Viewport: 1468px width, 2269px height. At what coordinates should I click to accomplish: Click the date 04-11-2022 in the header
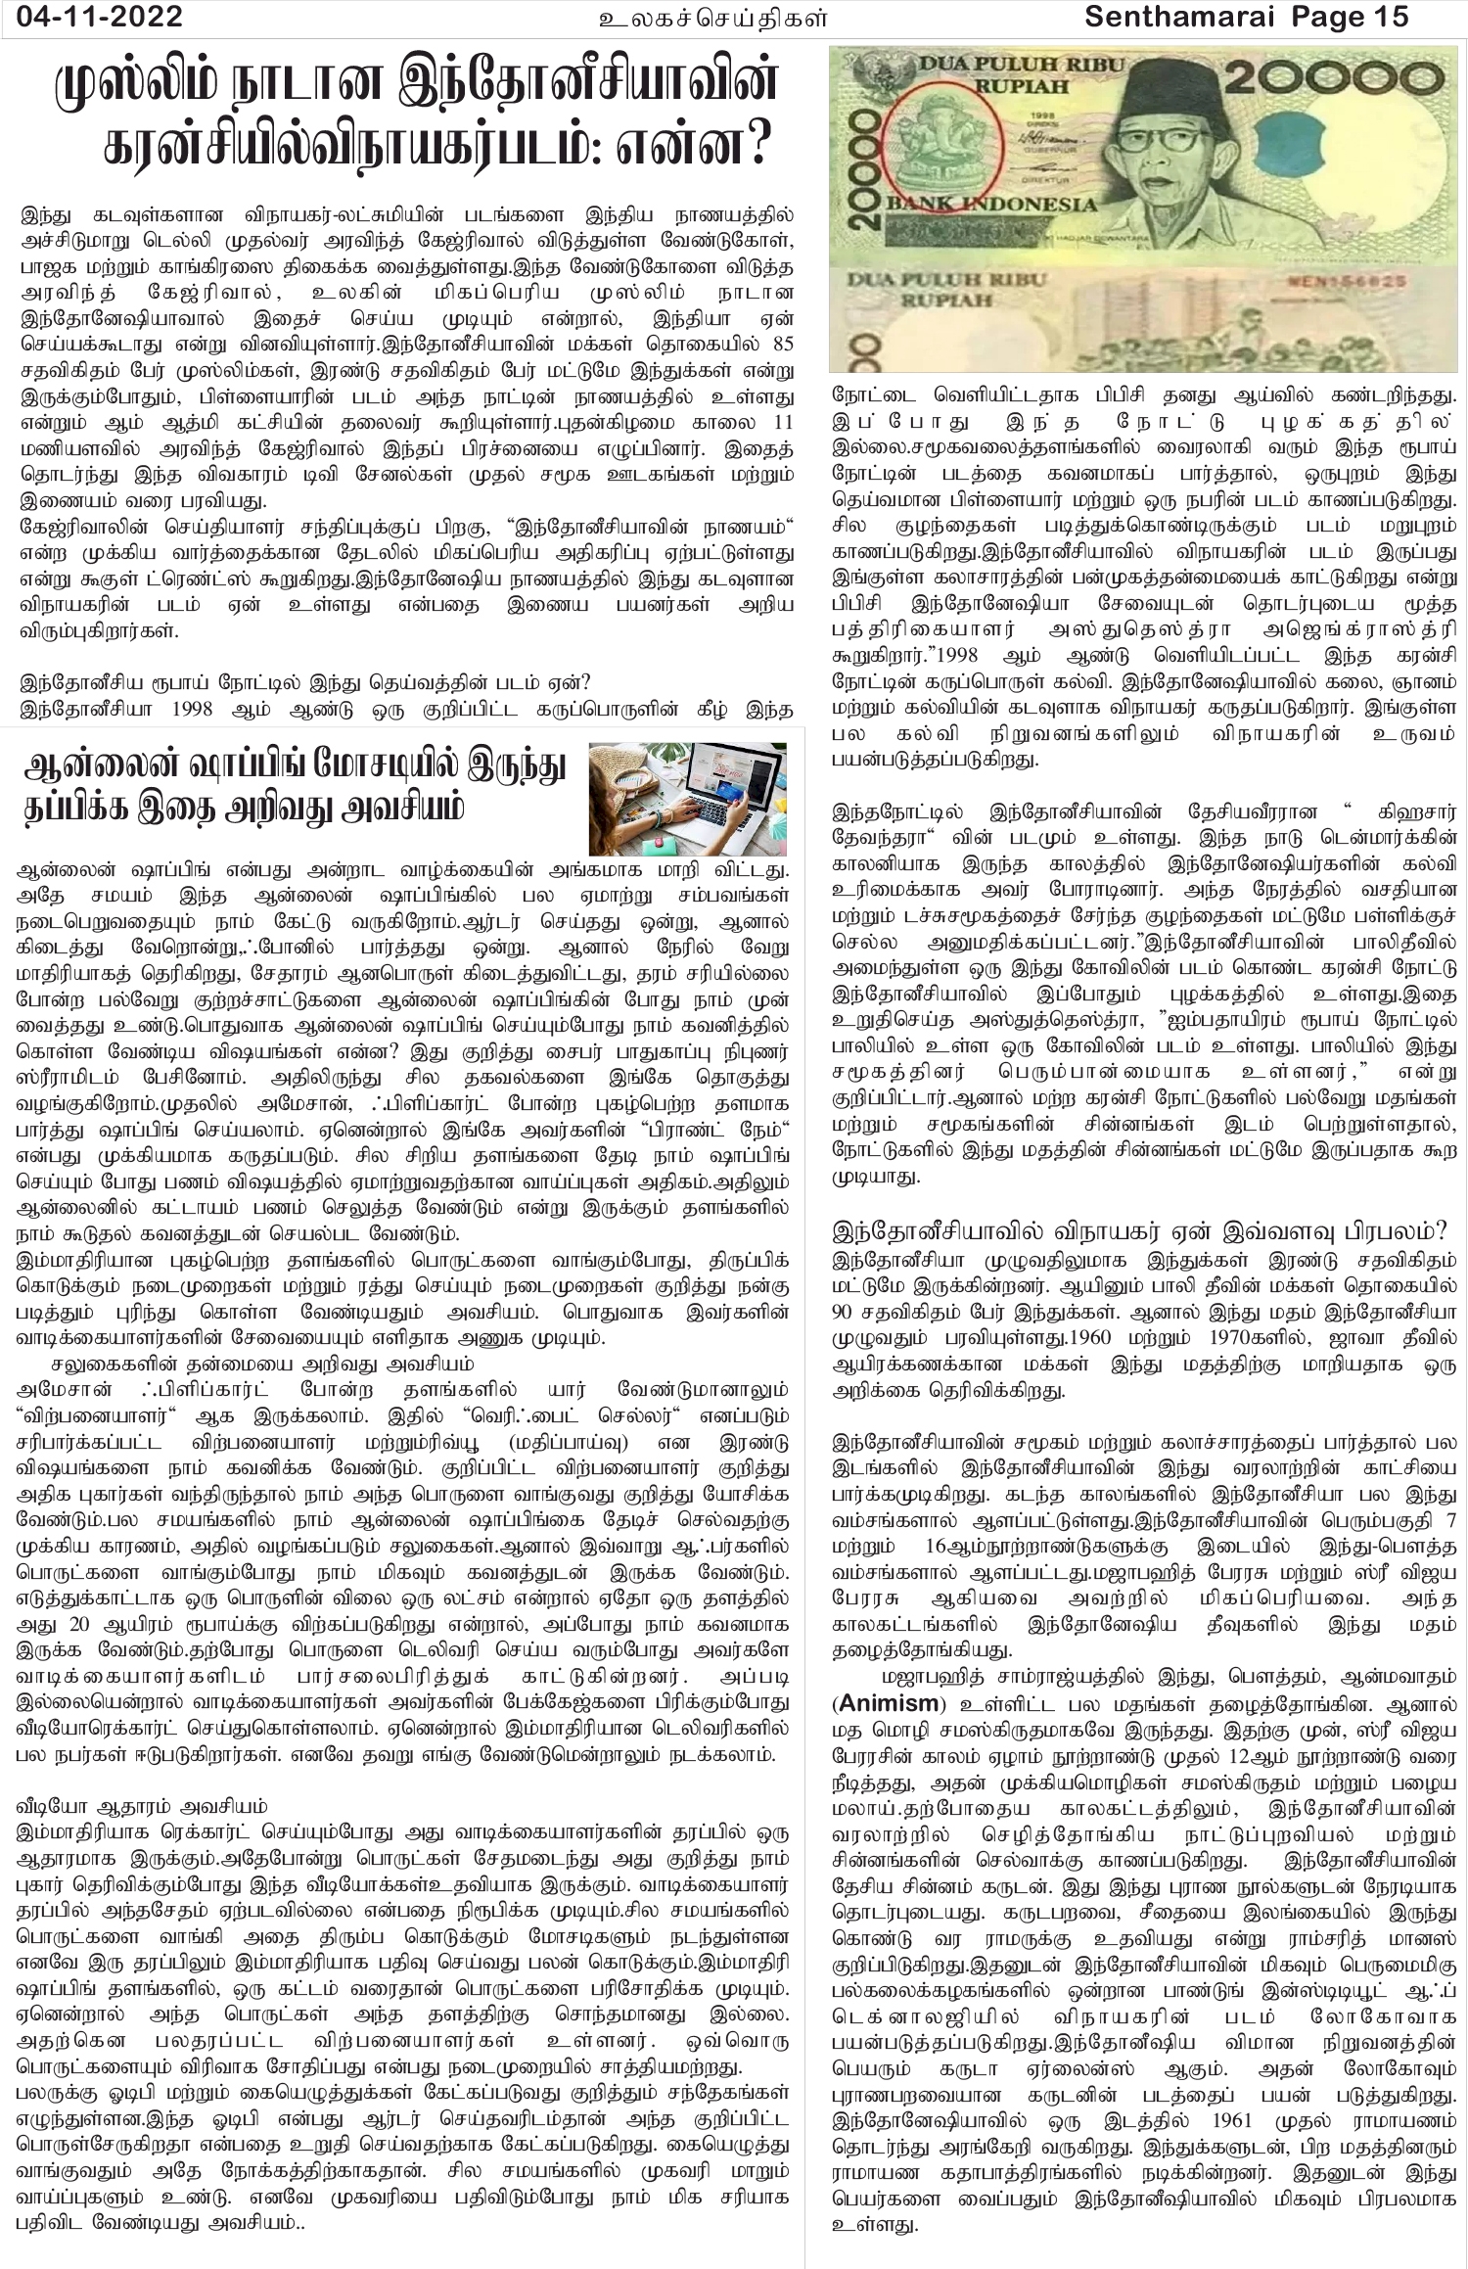93,17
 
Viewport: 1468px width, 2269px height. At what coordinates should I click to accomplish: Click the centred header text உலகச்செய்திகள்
713,17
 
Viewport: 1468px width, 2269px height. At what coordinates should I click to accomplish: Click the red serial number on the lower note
1358,281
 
